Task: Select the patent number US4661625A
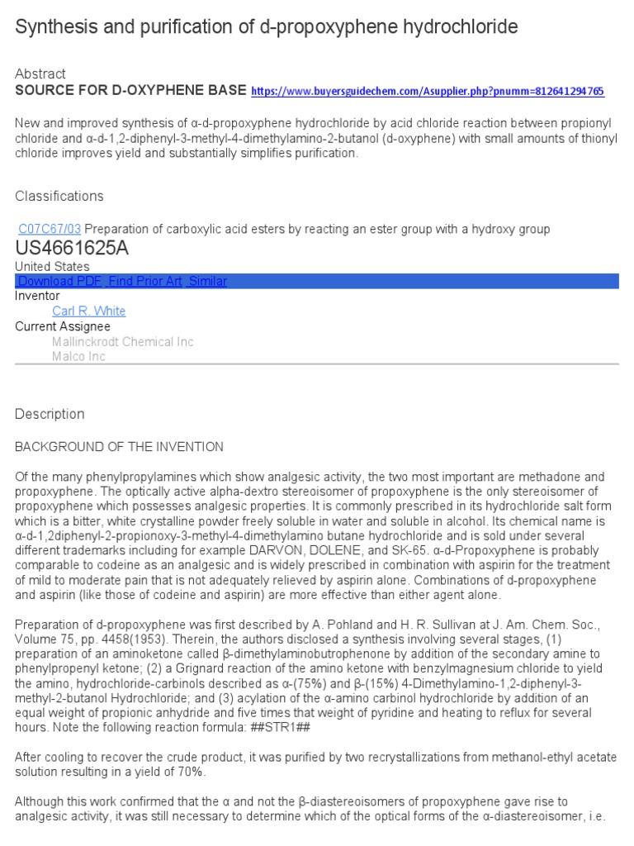pos(72,249)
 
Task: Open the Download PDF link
pos(59,282)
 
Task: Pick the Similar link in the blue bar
pos(207,282)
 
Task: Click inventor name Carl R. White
pos(89,311)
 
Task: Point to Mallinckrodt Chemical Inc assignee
pos(123,342)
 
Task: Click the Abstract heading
pos(40,74)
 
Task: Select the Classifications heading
pos(59,196)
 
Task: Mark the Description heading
pos(50,414)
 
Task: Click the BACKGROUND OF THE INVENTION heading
pos(119,447)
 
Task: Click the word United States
pos(52,267)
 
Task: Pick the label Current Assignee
pos(63,326)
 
